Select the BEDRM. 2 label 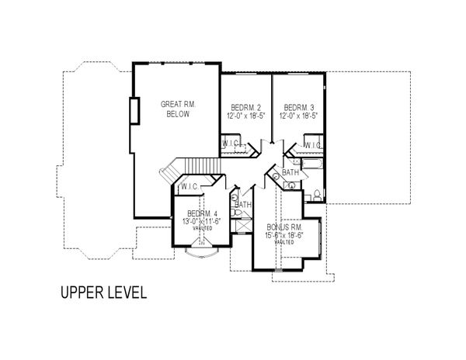coord(245,107)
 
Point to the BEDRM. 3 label coord(298,107)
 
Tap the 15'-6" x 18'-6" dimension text coord(283,234)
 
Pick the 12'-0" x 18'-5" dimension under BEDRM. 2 coord(245,116)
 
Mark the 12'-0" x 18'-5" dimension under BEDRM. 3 coord(298,116)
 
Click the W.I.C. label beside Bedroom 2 coord(230,144)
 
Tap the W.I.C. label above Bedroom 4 coord(190,187)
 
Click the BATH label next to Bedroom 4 coord(244,205)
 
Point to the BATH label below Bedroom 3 coord(290,172)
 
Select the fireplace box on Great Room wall coord(134,112)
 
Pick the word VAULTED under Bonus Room coord(283,242)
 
